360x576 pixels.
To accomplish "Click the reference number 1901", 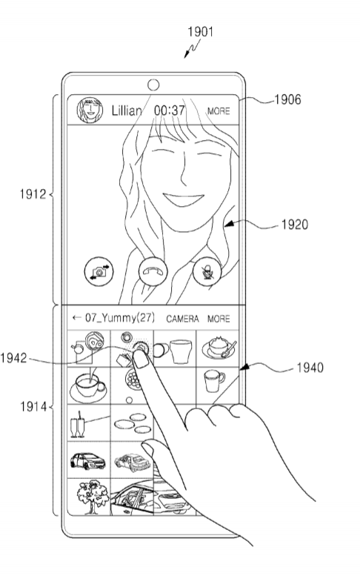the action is pos(200,32).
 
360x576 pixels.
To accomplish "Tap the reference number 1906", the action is pos(287,99).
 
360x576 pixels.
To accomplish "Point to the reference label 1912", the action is pos(33,194).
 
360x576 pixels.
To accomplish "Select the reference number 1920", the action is pos(295,225).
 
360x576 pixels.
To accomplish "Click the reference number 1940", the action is pos(310,368).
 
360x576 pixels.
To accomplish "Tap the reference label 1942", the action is pos(13,358).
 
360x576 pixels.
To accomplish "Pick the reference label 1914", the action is pos(33,407).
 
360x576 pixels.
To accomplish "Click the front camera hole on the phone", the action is pos(153,85).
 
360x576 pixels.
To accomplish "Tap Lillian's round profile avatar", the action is pos(90,110).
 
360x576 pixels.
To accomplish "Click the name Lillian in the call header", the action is pos(127,110).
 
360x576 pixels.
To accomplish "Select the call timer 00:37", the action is pos(169,110).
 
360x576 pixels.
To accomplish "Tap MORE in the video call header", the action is pos(219,111).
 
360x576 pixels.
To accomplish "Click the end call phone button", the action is pos(153,271).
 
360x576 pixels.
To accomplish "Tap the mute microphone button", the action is pos(207,271).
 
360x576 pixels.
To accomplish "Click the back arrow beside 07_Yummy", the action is pos(76,317).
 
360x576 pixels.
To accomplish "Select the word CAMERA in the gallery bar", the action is pos(182,319).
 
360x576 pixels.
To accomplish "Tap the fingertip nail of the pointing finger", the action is pos(140,357).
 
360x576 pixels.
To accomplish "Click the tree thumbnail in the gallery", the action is pos(93,497).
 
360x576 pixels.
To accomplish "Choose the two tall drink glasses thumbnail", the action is pos(78,425).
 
